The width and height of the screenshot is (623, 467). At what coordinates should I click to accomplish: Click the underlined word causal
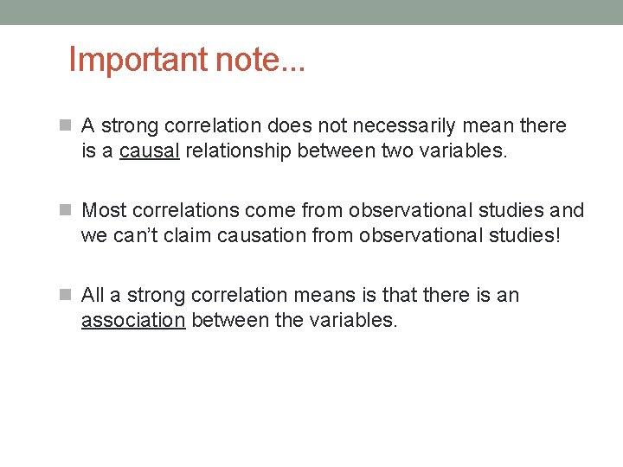(x=149, y=151)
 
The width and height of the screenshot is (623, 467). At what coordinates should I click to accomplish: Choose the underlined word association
(x=133, y=321)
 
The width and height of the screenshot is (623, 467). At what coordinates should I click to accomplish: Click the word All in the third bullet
(x=93, y=296)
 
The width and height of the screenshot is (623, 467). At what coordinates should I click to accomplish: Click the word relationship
(x=238, y=151)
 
